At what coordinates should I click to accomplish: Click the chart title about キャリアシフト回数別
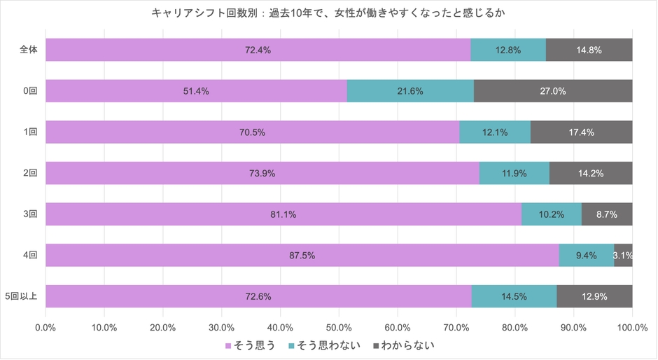(x=329, y=13)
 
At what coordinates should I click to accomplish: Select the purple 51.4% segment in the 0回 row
(x=196, y=91)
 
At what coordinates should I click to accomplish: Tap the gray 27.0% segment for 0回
(x=553, y=91)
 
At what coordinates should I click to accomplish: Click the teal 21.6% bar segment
(x=410, y=91)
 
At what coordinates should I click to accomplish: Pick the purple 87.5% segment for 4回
(x=302, y=256)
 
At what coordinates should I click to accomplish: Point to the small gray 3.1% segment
(x=623, y=256)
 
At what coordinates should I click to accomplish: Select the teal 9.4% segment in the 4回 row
(x=586, y=256)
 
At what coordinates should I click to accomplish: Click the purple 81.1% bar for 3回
(x=283, y=214)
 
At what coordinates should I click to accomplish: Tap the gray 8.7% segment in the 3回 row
(x=607, y=214)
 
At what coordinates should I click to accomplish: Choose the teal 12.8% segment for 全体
(x=508, y=50)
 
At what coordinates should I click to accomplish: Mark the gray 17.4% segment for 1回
(x=582, y=132)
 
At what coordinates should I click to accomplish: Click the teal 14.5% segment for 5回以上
(x=514, y=297)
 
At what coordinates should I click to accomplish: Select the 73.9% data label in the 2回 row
(x=262, y=174)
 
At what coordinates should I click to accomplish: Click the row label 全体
(x=29, y=50)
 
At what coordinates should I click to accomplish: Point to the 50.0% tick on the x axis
(x=339, y=327)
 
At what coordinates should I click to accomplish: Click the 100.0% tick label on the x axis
(x=631, y=327)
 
